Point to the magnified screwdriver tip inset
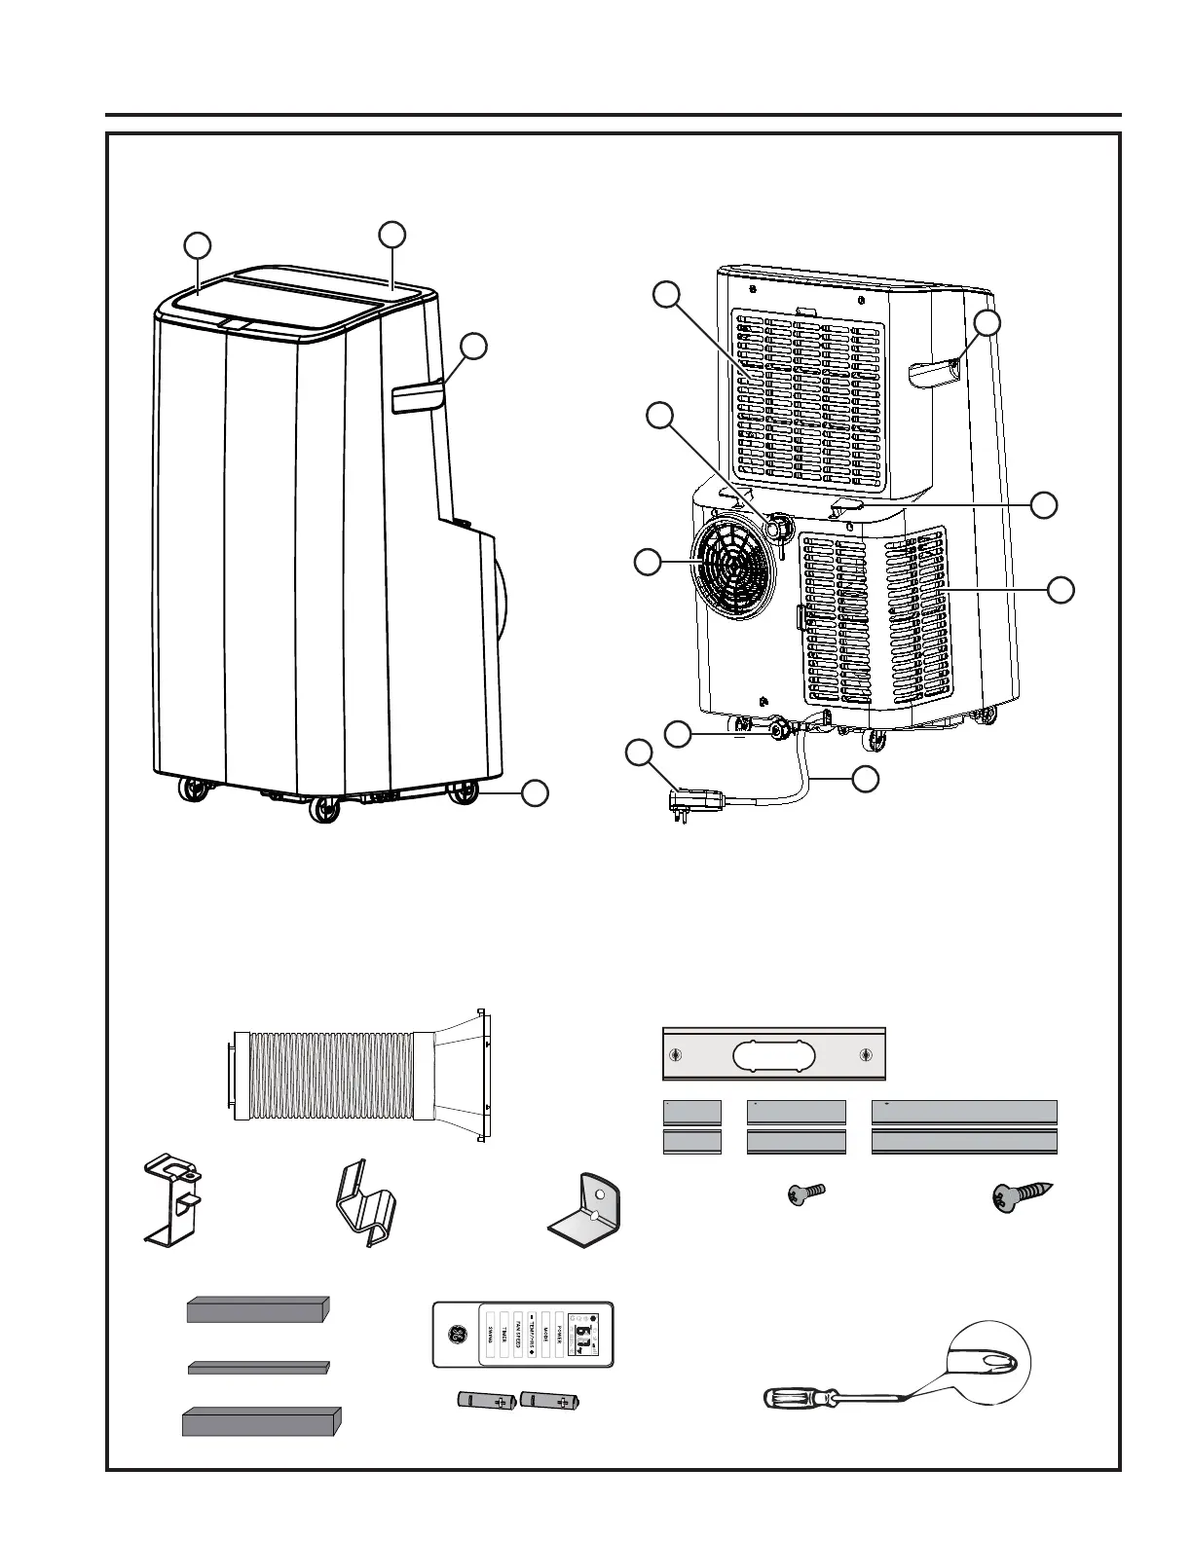[x=987, y=1364]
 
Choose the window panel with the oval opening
[x=774, y=1053]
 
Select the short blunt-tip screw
[x=805, y=1192]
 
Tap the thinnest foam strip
[x=258, y=1368]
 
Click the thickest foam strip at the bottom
[x=261, y=1421]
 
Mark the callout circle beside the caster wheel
[x=534, y=793]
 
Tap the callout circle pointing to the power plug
[x=639, y=753]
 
